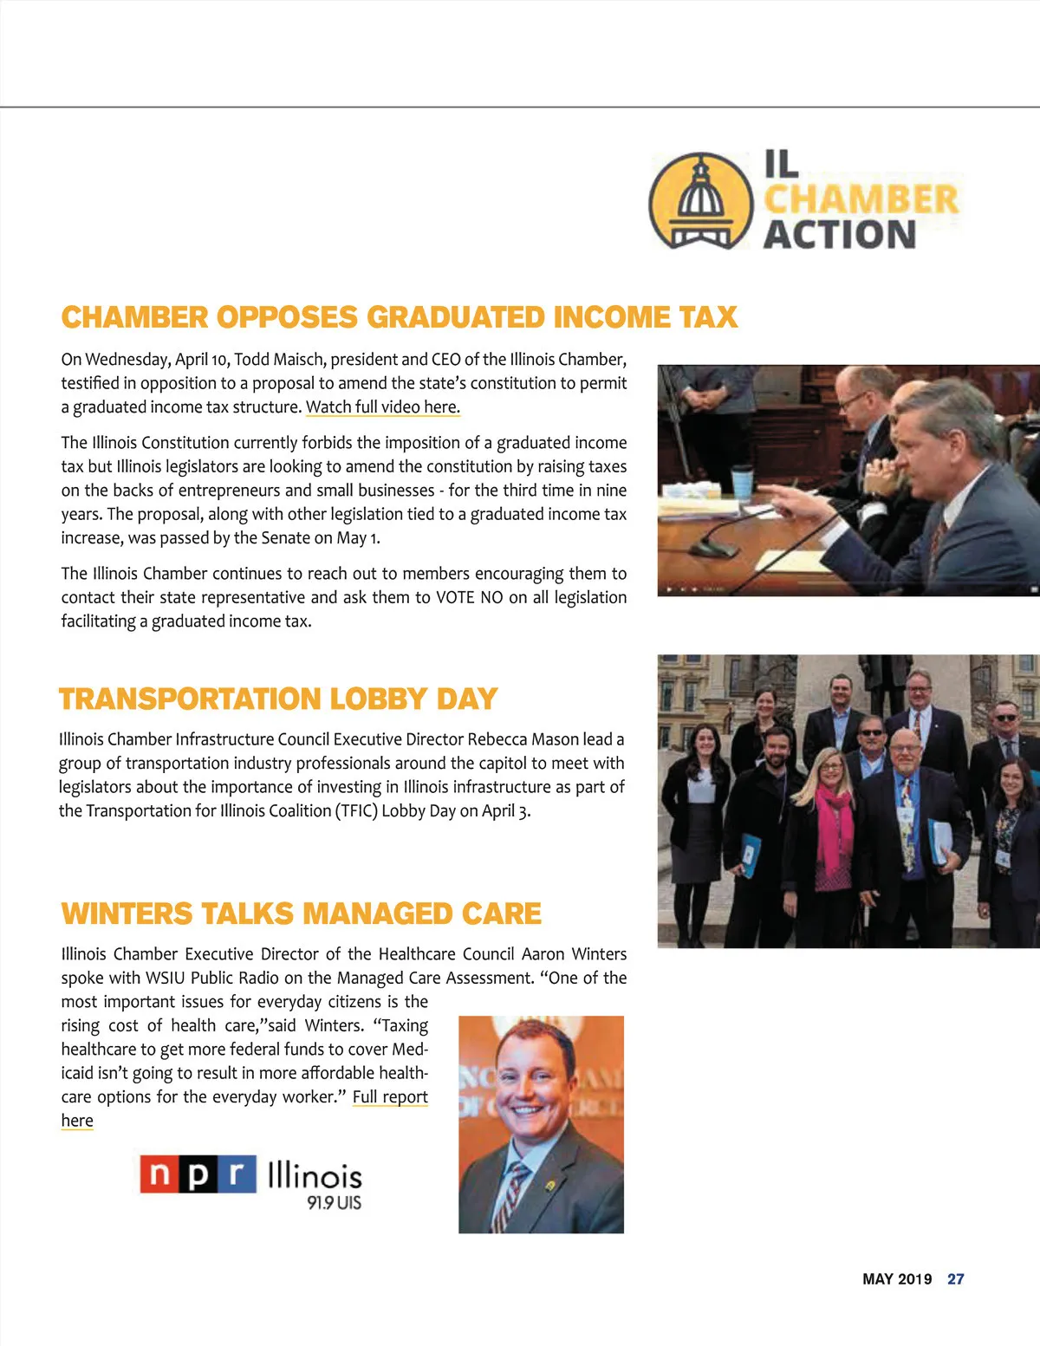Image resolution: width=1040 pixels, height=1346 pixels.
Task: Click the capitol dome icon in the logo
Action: pyautogui.click(x=700, y=201)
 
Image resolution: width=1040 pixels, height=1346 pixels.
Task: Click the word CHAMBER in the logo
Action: pyautogui.click(x=861, y=199)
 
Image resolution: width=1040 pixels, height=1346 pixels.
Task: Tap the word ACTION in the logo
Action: pyautogui.click(x=839, y=235)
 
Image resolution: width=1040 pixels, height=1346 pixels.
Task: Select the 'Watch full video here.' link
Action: pyautogui.click(x=382, y=407)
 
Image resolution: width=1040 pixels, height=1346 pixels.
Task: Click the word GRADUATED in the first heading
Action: pyautogui.click(x=456, y=317)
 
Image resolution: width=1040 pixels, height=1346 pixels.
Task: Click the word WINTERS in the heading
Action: pyautogui.click(x=127, y=914)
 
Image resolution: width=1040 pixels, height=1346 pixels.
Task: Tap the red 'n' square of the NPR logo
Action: pyautogui.click(x=159, y=1174)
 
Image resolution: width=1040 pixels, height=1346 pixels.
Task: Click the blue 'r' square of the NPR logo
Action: pyautogui.click(x=236, y=1174)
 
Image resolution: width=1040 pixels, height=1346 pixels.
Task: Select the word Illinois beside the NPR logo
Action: pyautogui.click(x=315, y=1175)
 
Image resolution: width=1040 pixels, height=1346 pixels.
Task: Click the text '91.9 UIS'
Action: pyautogui.click(x=334, y=1203)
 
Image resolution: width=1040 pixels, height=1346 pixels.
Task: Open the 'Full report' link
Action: pyautogui.click(x=390, y=1097)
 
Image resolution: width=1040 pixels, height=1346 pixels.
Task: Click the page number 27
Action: pyautogui.click(x=955, y=1279)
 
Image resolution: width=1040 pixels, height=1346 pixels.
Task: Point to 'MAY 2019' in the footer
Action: pyautogui.click(x=897, y=1279)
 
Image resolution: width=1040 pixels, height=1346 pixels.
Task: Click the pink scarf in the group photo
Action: pyautogui.click(x=834, y=832)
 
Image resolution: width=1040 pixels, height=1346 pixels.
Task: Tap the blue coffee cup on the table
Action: pyautogui.click(x=742, y=482)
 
